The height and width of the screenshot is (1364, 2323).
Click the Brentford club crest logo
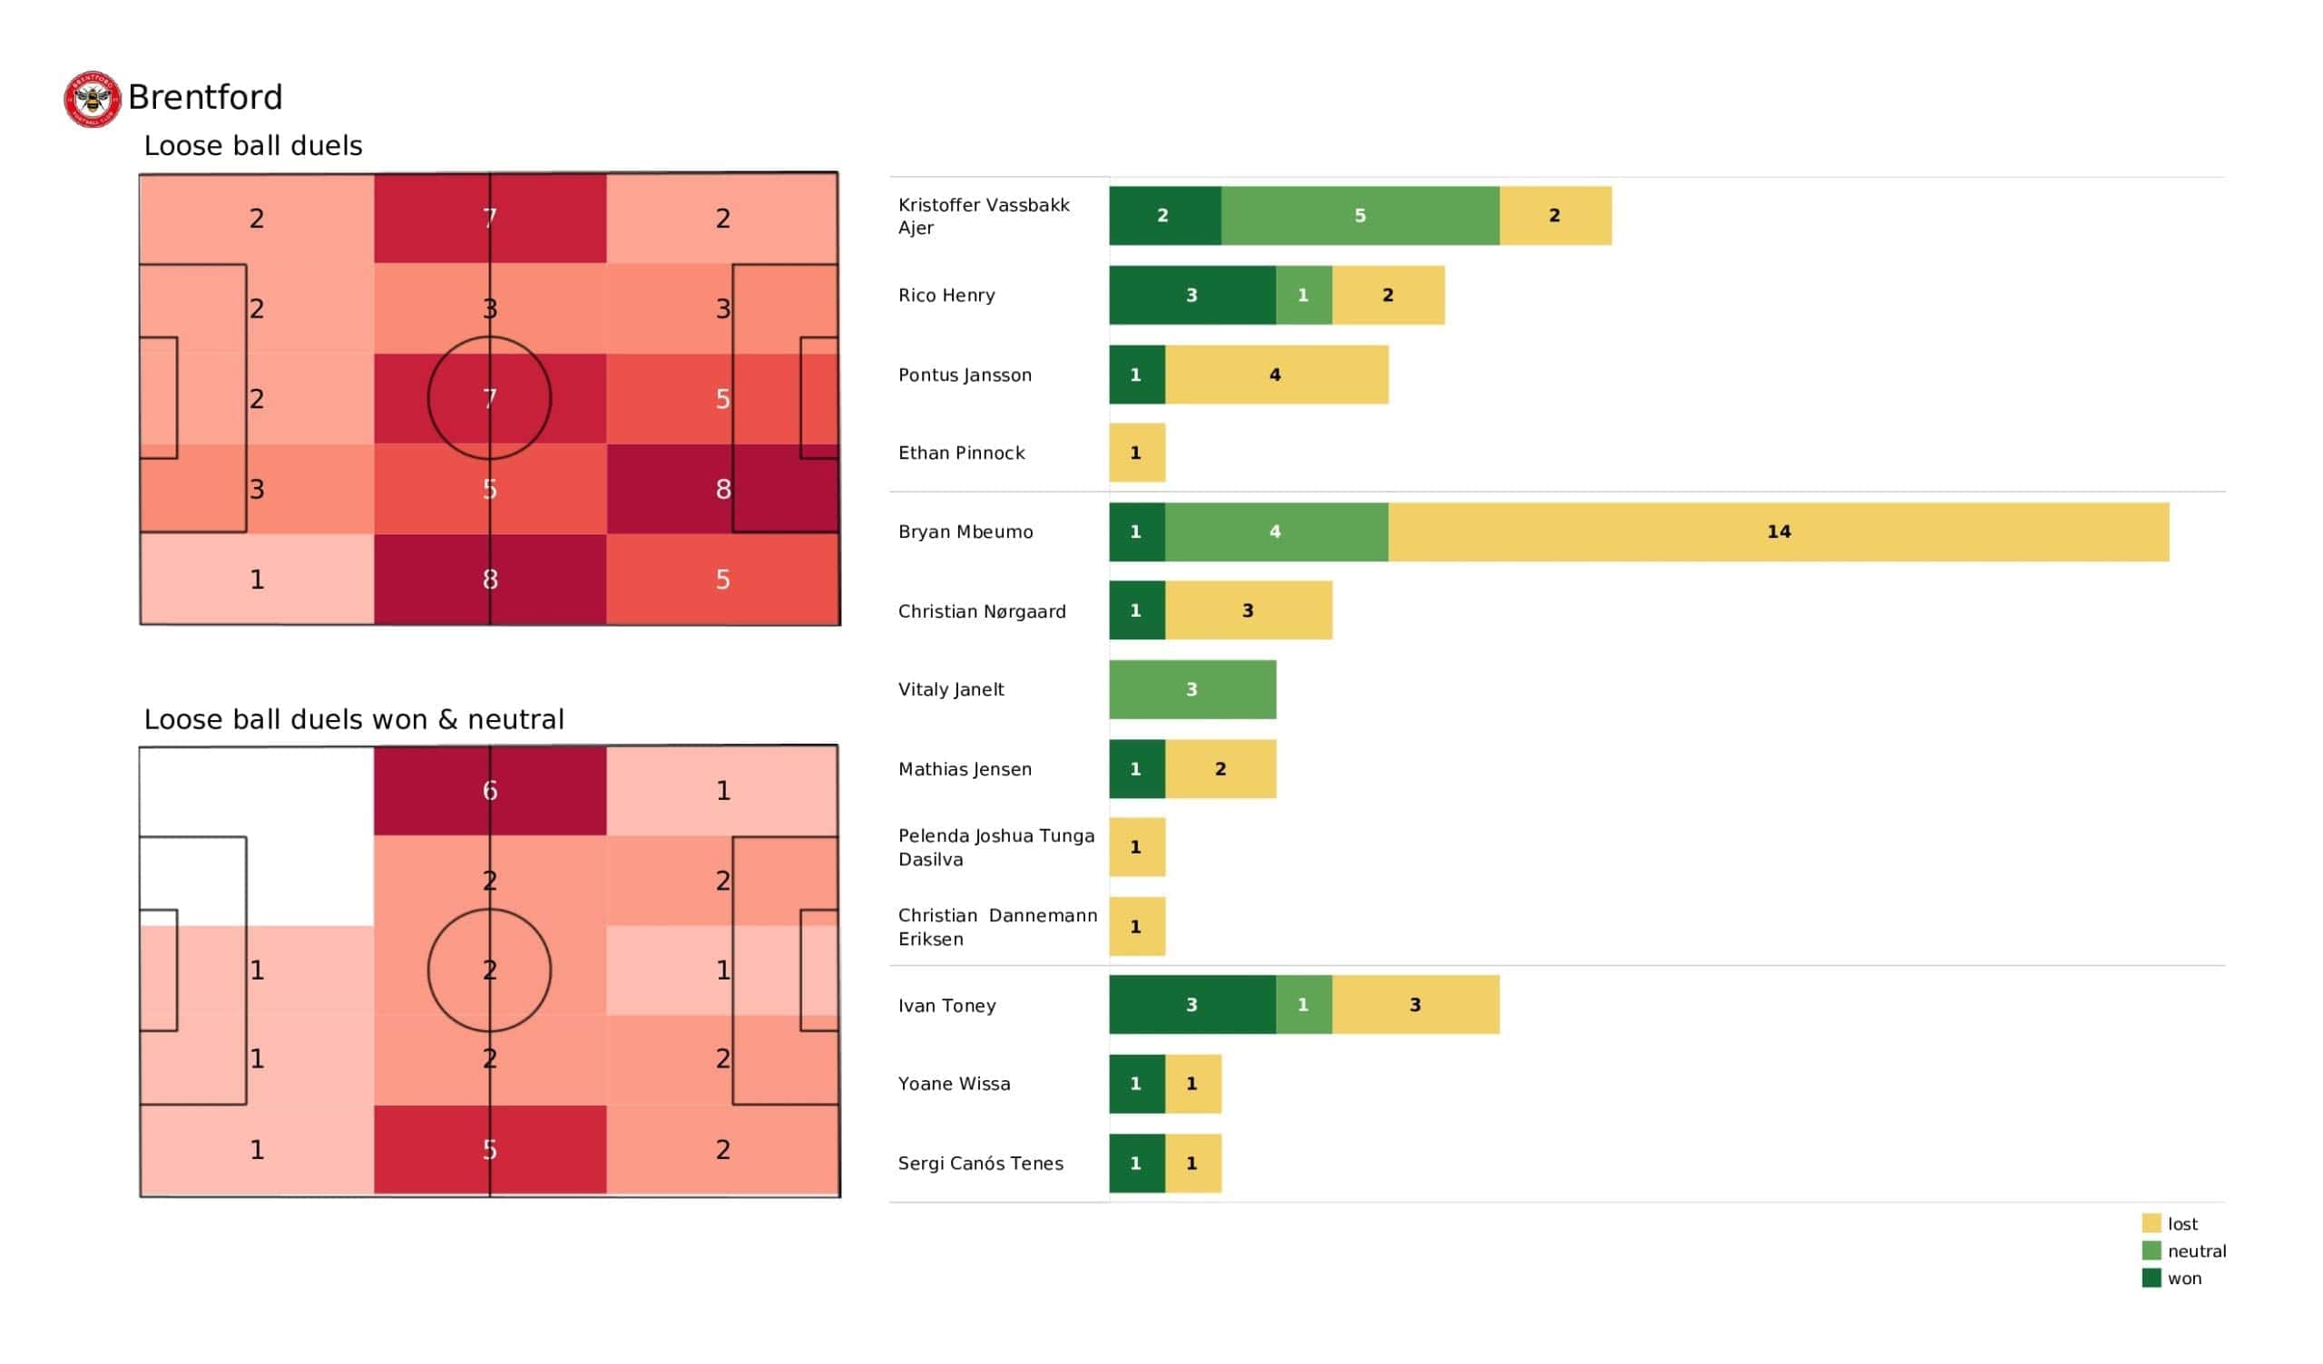[x=93, y=99]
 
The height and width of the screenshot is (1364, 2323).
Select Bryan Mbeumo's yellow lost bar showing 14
[x=1779, y=531]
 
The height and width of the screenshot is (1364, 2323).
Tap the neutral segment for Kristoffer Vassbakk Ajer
[x=1359, y=216]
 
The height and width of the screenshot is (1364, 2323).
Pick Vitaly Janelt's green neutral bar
[x=1192, y=689]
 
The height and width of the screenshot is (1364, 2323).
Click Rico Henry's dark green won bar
[x=1192, y=295]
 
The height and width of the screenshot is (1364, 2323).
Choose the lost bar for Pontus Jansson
[x=1277, y=375]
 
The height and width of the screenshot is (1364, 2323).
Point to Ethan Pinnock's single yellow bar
[x=1137, y=453]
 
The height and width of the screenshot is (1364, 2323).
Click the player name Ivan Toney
[x=946, y=1006]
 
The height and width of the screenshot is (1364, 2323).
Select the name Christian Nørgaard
[x=982, y=611]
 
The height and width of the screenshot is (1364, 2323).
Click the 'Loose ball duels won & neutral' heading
[x=354, y=719]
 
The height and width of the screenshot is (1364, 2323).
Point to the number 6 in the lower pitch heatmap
[x=490, y=790]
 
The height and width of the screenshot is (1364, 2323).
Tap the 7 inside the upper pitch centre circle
[x=490, y=398]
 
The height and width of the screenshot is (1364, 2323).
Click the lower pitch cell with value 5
[x=490, y=1150]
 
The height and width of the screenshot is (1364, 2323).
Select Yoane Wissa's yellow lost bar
[x=1193, y=1084]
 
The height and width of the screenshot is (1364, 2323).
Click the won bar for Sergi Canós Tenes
[x=1137, y=1163]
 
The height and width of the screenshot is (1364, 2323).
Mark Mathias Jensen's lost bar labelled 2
[x=1220, y=769]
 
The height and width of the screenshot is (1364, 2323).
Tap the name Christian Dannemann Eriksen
[x=997, y=927]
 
